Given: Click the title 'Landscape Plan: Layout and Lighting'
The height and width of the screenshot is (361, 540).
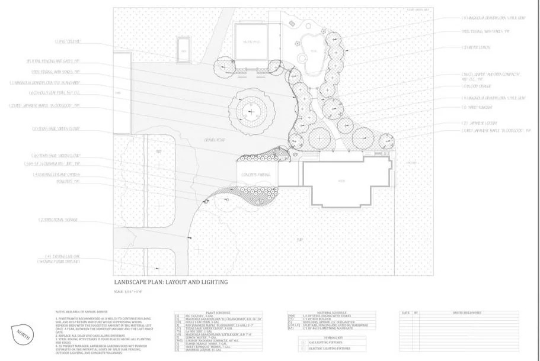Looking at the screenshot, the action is pos(170,282).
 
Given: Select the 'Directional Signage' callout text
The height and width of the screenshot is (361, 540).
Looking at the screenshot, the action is pos(57,220).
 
